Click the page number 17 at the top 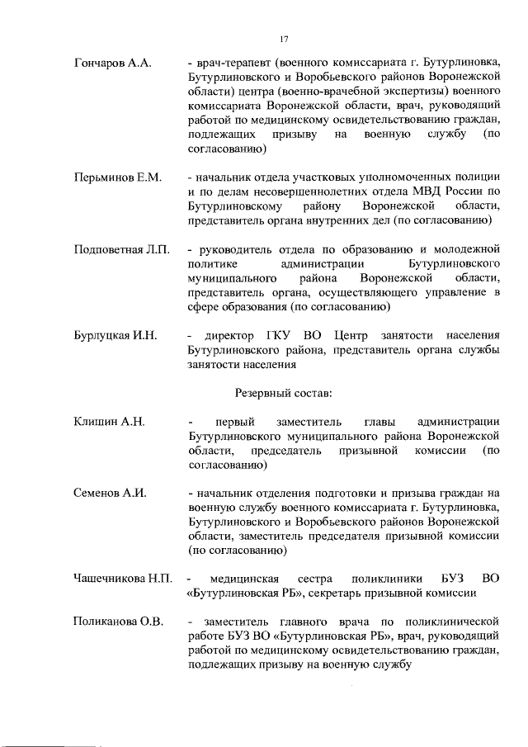(284, 39)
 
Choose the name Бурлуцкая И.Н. (115, 336)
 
